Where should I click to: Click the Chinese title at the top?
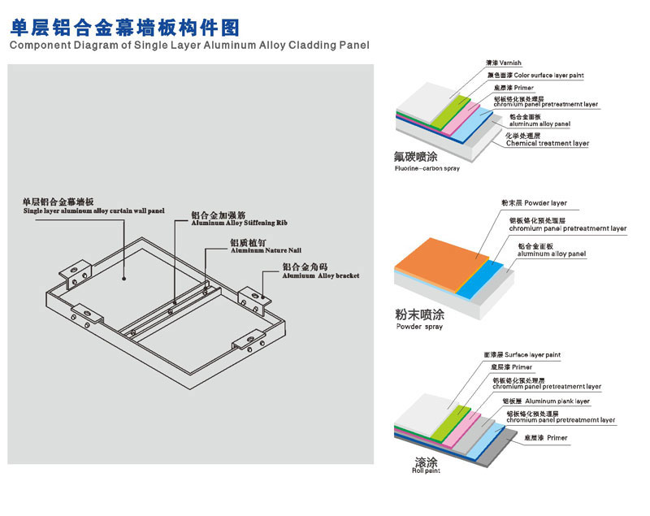[124, 26]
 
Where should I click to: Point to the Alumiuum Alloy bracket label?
[320, 275]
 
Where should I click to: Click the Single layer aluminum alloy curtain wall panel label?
[93, 210]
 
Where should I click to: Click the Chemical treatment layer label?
[547, 143]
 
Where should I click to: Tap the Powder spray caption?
[419, 326]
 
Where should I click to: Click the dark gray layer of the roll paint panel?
[487, 448]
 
